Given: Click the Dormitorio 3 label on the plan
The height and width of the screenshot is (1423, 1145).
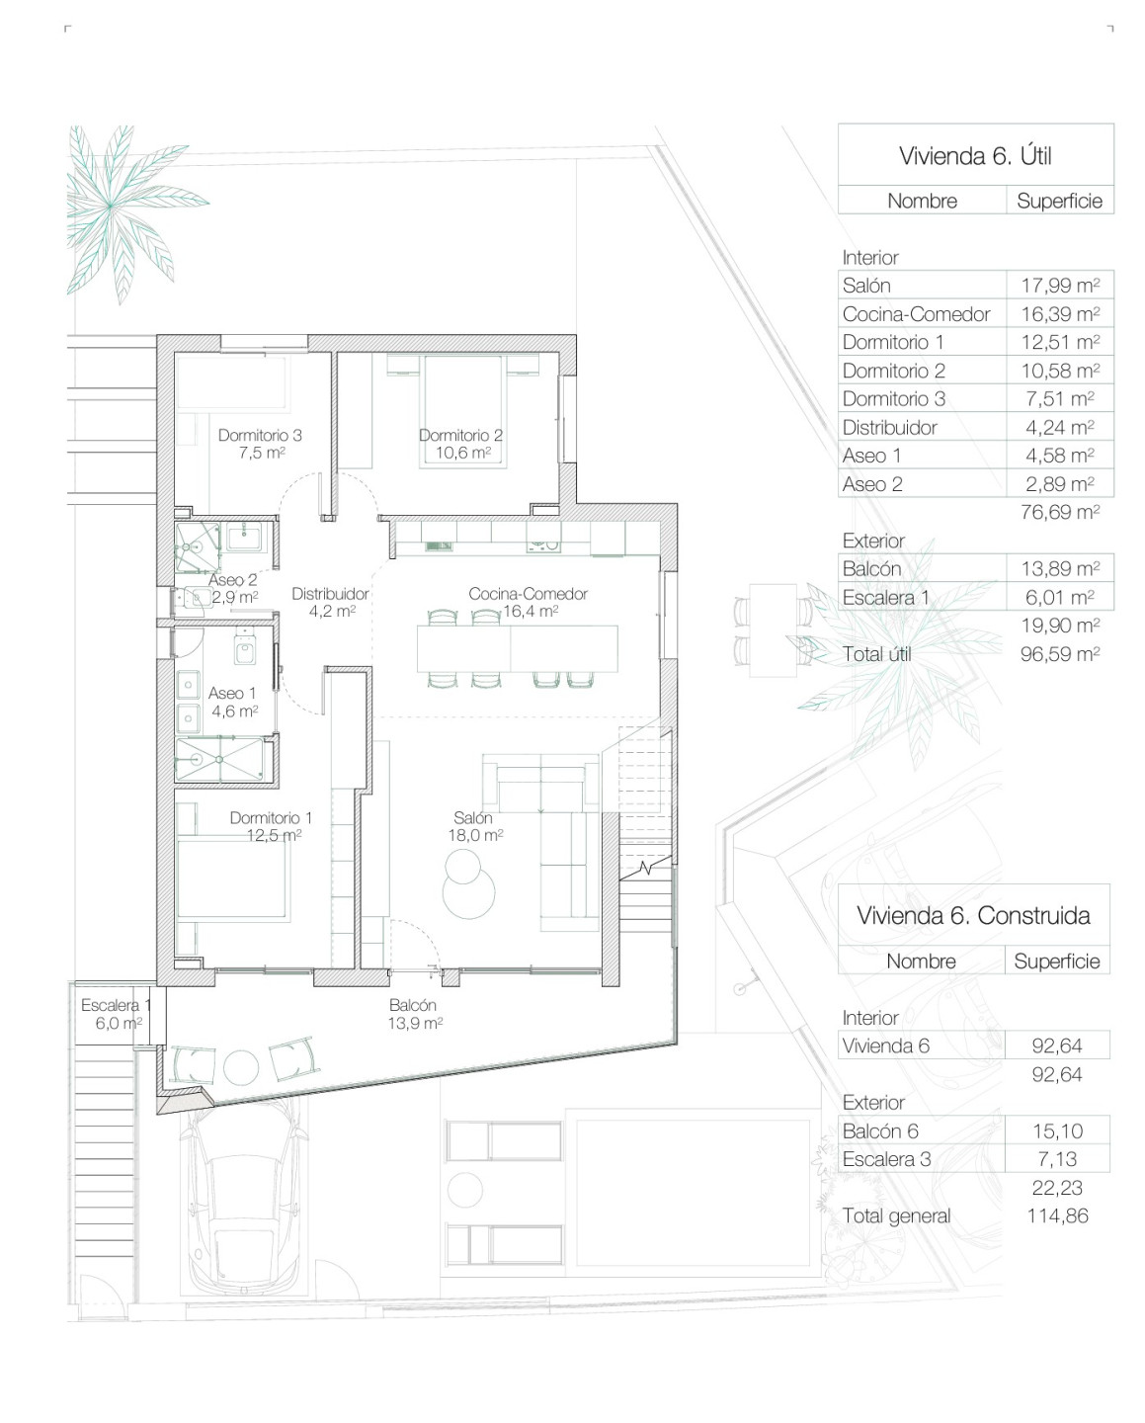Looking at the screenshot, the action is (x=260, y=444).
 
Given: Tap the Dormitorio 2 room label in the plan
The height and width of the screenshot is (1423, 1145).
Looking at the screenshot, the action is (x=460, y=444).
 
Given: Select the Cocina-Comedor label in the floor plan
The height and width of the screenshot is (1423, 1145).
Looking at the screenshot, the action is (x=529, y=603).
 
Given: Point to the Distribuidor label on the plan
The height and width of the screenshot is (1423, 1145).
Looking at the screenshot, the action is (x=331, y=603).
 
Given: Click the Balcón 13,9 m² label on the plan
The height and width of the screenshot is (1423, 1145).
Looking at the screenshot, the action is (x=415, y=1014).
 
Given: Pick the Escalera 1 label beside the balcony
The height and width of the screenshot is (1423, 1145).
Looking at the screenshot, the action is (x=116, y=1014).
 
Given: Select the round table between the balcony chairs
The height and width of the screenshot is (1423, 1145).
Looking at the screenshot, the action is (x=241, y=1066).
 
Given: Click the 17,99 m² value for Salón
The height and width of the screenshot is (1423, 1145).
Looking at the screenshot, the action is (x=1060, y=286).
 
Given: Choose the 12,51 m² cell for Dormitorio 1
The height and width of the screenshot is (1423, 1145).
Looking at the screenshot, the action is (x=1060, y=343).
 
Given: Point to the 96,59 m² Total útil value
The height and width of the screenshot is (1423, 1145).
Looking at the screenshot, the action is (x=1060, y=654).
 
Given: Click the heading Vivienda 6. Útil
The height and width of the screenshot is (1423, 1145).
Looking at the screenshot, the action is (x=975, y=156).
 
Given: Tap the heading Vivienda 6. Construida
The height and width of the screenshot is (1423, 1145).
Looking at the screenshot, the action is (x=973, y=916).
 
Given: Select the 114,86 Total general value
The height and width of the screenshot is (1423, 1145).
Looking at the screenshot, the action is (x=1057, y=1216).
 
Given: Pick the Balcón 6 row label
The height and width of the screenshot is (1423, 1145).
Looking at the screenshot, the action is (x=880, y=1131).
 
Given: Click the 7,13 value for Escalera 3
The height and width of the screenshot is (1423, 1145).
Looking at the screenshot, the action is (x=1057, y=1159).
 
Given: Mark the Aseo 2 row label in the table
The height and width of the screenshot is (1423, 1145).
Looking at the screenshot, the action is (x=872, y=484).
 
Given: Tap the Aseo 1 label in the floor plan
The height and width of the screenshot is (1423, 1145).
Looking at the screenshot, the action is (x=233, y=703).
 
